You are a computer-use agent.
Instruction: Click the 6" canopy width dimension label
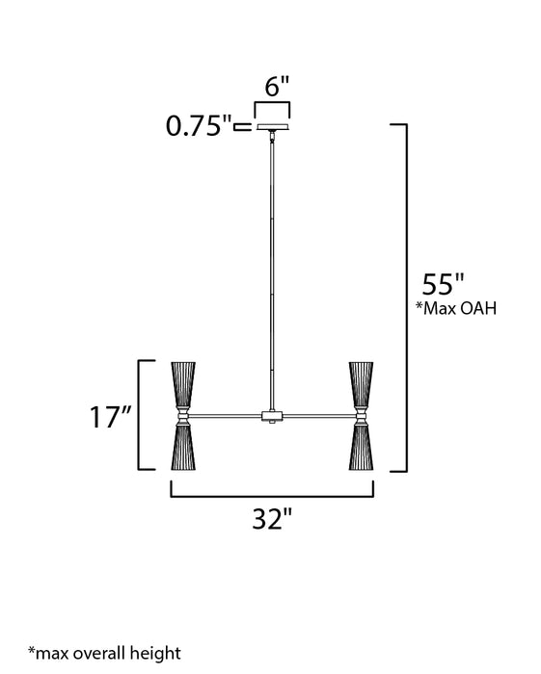pyautogui.click(x=277, y=85)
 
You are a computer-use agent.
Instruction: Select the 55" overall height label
pyautogui.click(x=444, y=285)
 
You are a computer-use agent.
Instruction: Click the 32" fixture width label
pyautogui.click(x=271, y=520)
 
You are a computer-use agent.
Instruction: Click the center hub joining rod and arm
pyautogui.click(x=273, y=417)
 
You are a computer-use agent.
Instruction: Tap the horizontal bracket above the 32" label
pyautogui.click(x=271, y=493)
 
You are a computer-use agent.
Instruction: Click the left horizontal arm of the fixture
pyautogui.click(x=226, y=417)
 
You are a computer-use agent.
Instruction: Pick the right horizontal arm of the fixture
pyautogui.click(x=318, y=417)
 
